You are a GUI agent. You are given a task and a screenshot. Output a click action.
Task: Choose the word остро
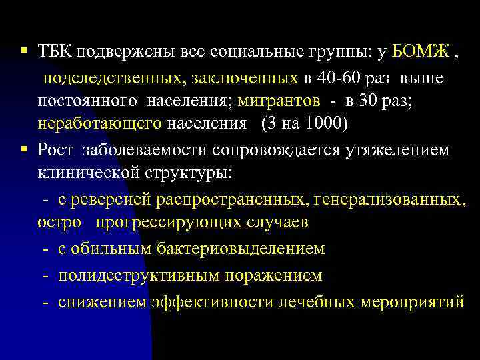[x=59, y=222]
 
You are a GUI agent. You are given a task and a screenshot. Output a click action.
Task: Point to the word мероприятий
[x=411, y=301]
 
